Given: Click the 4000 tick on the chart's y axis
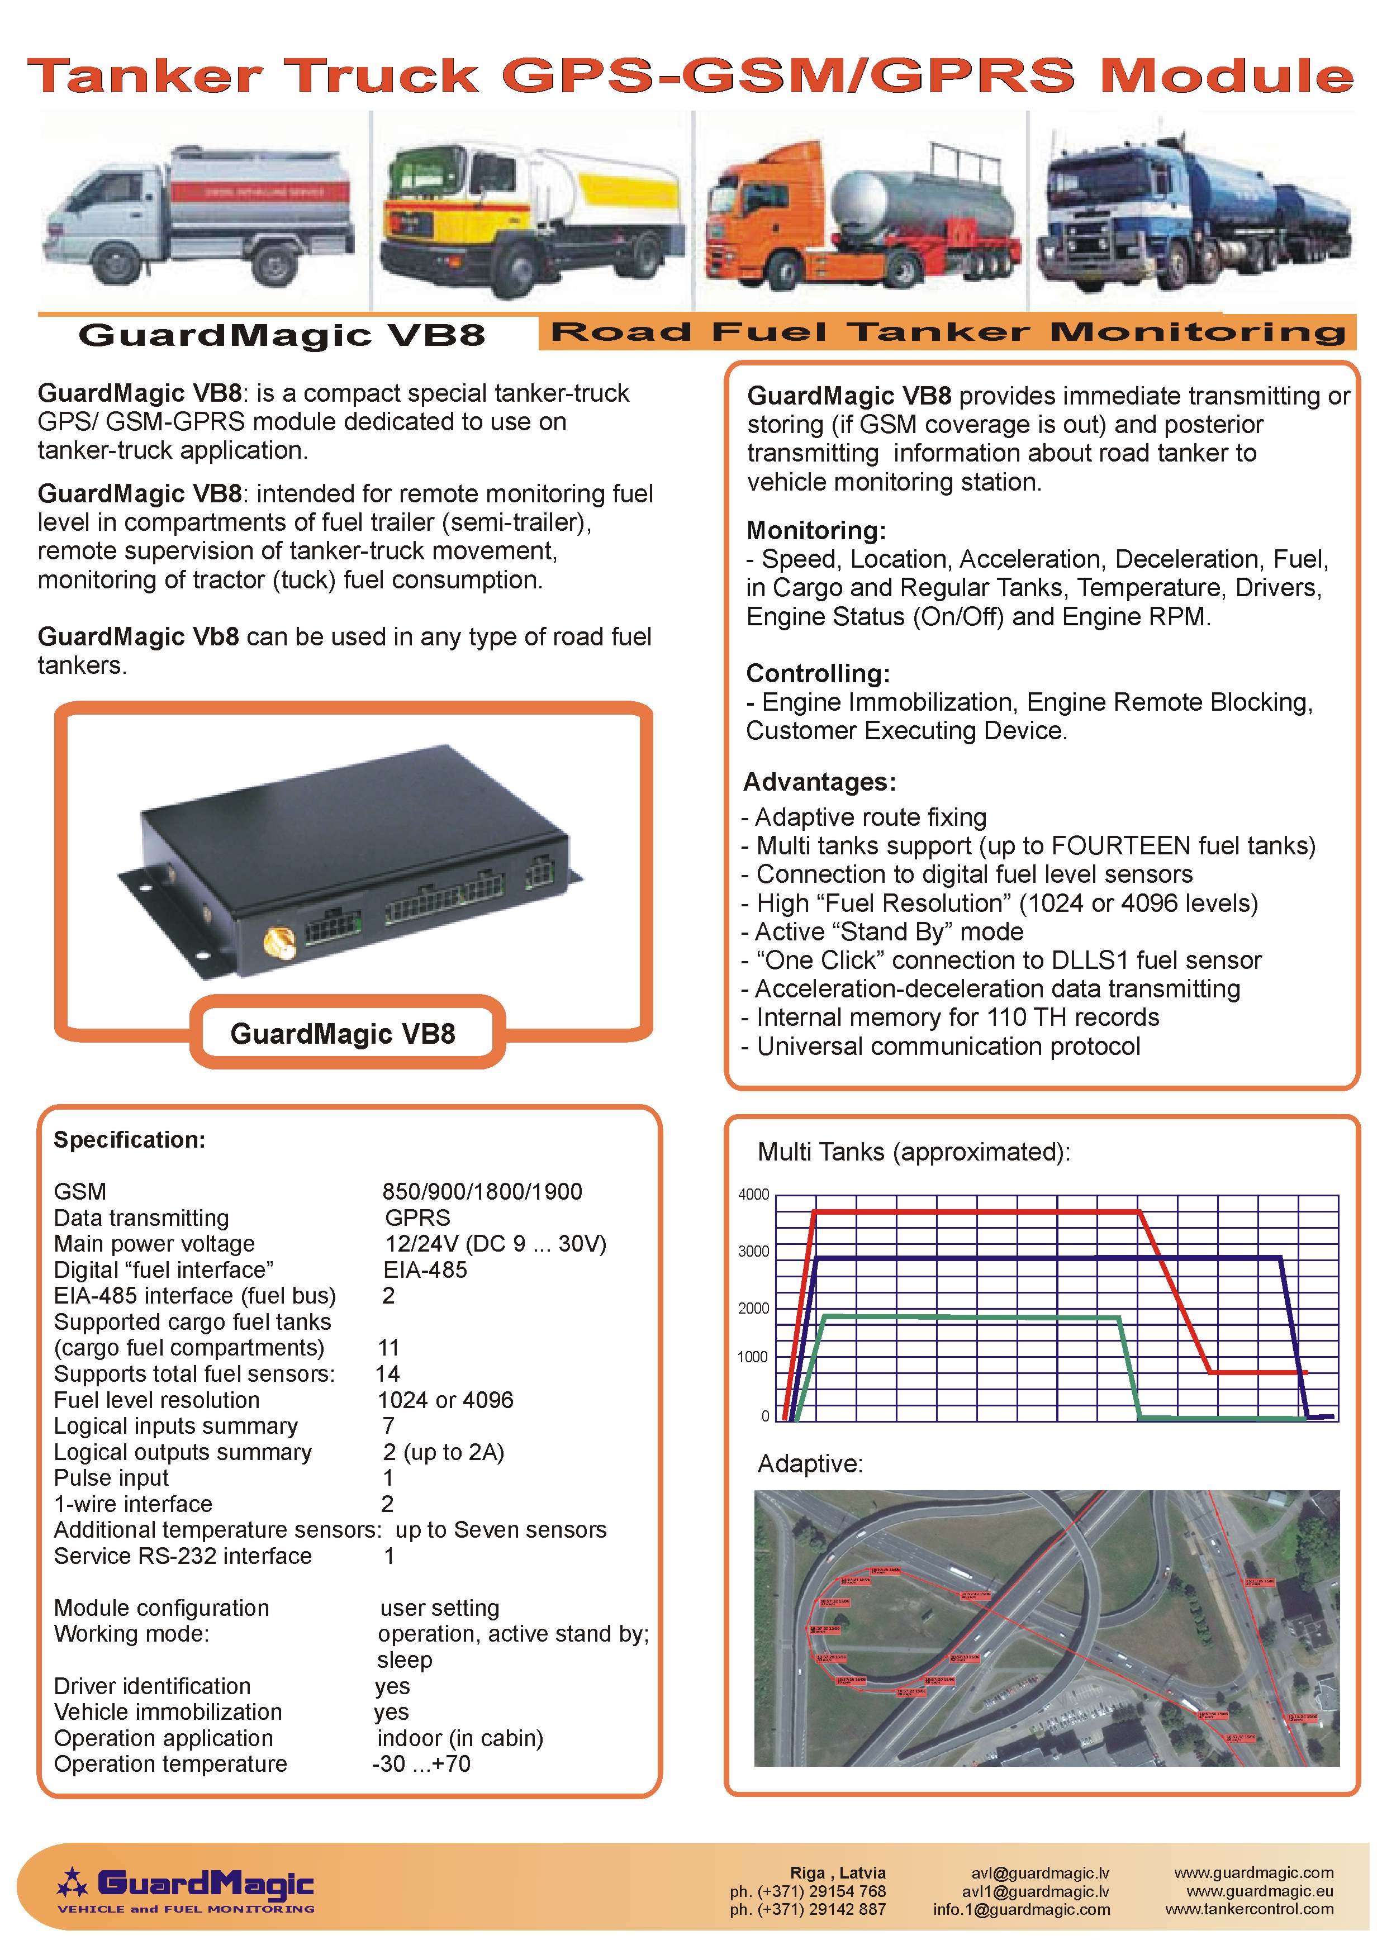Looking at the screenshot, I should pos(753,1195).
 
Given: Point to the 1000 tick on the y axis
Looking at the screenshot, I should pos(752,1357).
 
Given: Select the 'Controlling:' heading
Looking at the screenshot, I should pos(817,673).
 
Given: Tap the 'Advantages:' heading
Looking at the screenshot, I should pos(819,782).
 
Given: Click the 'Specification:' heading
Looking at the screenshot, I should pos(130,1140).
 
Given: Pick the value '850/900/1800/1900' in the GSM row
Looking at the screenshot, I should pos(482,1191).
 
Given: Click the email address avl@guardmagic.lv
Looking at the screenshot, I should pos(1040,1873).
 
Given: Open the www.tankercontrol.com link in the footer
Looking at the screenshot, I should pos(1249,1909).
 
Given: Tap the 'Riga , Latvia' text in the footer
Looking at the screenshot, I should pos(838,1873).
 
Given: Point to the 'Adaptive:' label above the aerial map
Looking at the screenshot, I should pos(810,1463).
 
